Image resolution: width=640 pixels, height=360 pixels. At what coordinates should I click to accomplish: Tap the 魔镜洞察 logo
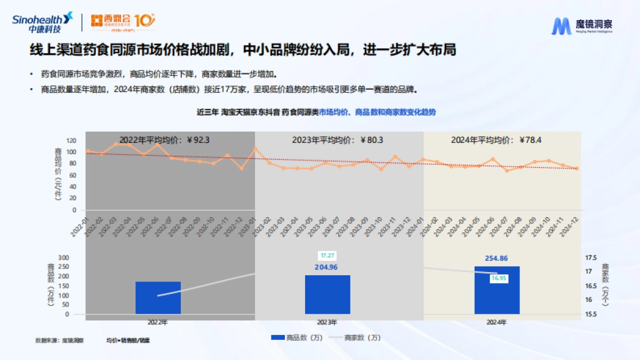(x=582, y=25)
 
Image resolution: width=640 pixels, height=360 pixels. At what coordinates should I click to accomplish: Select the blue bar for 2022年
(x=158, y=298)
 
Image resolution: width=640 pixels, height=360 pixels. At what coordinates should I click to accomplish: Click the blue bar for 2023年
(x=327, y=294)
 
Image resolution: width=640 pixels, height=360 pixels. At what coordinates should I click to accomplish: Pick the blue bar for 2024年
(x=497, y=290)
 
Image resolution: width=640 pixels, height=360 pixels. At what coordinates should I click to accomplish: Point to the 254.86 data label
(x=497, y=258)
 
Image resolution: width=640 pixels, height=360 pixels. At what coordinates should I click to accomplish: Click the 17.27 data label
(x=327, y=256)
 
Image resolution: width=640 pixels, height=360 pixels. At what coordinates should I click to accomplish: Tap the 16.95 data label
(x=499, y=278)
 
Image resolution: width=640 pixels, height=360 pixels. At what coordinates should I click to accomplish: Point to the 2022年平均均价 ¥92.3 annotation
(x=164, y=140)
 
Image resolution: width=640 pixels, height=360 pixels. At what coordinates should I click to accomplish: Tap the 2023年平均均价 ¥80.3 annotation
(x=337, y=140)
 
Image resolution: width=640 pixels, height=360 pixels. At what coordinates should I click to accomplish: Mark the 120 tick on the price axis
(x=71, y=140)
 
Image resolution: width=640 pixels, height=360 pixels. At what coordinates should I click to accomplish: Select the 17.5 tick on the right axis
(x=591, y=258)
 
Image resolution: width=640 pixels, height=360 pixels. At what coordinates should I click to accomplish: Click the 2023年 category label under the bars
(x=327, y=323)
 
